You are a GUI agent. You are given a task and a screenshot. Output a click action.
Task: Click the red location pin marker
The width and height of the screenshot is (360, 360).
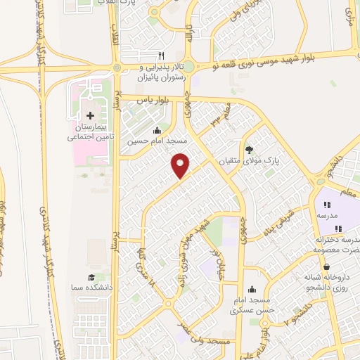[181, 165]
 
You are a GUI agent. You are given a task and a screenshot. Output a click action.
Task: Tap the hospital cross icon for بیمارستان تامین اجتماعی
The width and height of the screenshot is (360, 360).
[89, 115]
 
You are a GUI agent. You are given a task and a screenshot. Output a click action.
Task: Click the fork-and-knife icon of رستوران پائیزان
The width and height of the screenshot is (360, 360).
[161, 56]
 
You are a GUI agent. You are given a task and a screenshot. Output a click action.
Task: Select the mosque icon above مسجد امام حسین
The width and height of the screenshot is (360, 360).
[156, 131]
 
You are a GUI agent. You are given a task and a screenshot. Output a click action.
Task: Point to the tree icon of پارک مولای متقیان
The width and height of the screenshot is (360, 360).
[248, 149]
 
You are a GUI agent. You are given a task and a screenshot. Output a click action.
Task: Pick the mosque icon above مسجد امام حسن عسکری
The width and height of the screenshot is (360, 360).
[252, 289]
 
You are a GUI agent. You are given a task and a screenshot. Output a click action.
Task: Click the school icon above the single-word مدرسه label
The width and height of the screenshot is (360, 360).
[326, 205]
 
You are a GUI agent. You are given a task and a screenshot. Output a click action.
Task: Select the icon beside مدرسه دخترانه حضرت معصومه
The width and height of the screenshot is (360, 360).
[338, 228]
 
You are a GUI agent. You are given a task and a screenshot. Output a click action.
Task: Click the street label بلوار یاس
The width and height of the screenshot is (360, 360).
[138, 101]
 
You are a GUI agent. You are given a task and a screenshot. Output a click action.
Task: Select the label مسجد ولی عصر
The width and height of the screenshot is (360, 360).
[207, 342]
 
